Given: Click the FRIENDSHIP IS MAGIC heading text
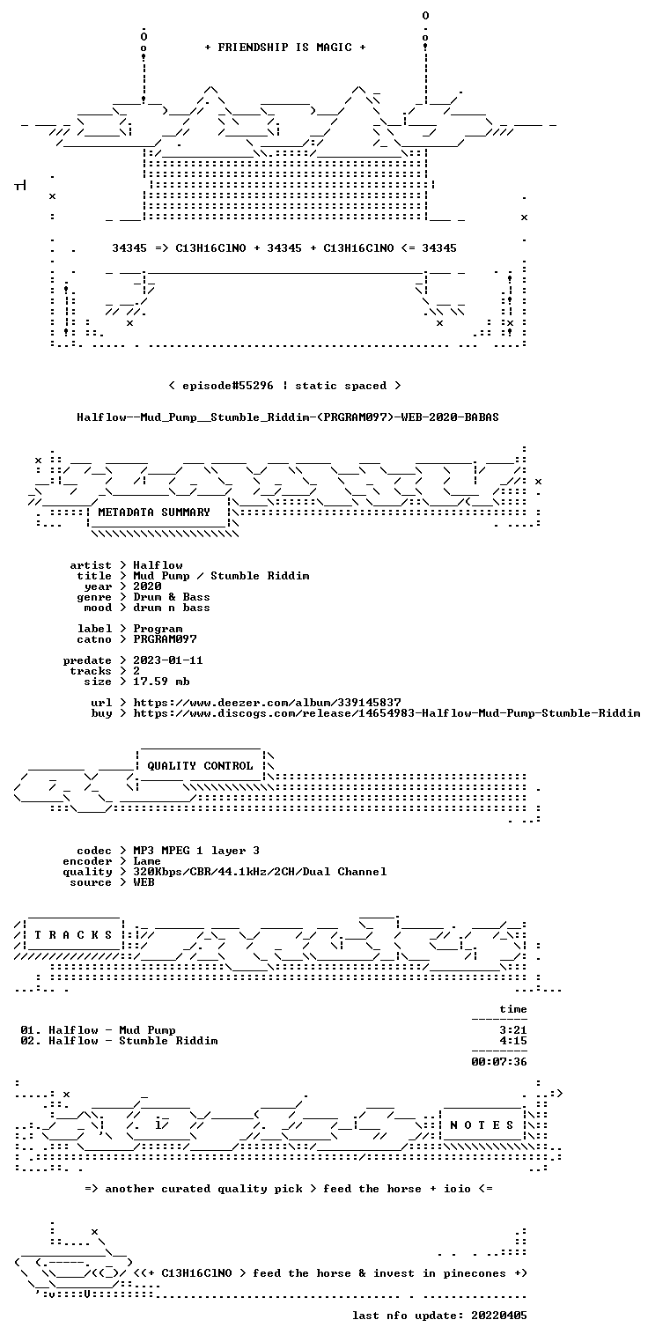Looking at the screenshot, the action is point(285,48).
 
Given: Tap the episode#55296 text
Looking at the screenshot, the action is point(227,385).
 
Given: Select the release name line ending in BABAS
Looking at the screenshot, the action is point(288,417).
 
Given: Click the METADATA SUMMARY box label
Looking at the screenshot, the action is point(154,512).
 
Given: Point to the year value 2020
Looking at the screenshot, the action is point(147,586).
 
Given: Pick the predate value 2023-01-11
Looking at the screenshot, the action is point(167,660).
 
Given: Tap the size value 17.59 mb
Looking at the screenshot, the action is point(161,682).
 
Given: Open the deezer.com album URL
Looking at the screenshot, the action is point(267,702).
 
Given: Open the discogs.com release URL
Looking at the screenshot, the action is point(387,713).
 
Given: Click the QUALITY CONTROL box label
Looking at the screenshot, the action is point(200,765).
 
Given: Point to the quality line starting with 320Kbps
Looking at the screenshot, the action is point(260,872).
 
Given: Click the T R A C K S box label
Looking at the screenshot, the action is point(73,935).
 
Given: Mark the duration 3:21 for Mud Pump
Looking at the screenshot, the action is point(513,1030).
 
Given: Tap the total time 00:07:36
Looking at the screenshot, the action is point(499,1062).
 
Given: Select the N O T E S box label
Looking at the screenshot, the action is point(482,1125).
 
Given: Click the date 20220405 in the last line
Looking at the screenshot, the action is point(499,1316).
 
